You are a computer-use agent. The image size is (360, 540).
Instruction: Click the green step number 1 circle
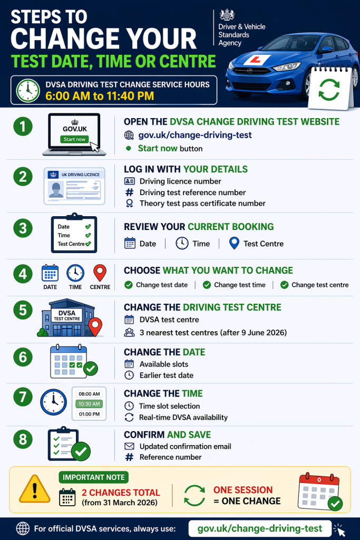pyautogui.click(x=23, y=127)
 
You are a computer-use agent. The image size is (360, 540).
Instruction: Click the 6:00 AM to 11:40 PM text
pyautogui.click(x=100, y=96)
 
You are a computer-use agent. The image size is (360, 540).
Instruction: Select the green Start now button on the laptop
pyautogui.click(x=74, y=139)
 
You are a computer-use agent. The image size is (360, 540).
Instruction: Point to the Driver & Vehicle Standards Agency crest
pyautogui.click(x=227, y=15)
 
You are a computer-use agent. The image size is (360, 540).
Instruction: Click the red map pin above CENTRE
pyautogui.click(x=100, y=273)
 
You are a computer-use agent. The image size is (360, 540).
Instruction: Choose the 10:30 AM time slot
pyautogui.click(x=89, y=403)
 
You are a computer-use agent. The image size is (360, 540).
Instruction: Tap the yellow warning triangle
pyautogui.click(x=35, y=490)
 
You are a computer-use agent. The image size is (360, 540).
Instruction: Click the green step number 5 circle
pyautogui.click(x=23, y=310)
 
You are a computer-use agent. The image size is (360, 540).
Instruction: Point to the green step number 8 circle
pyautogui.click(x=23, y=439)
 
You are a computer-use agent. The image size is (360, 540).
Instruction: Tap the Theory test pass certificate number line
pyautogui.click(x=202, y=204)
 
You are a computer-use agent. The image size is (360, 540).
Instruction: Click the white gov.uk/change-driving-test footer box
pyautogui.click(x=260, y=528)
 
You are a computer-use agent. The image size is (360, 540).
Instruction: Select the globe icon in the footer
pyautogui.click(x=23, y=528)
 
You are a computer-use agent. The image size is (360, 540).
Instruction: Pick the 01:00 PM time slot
pyautogui.click(x=89, y=414)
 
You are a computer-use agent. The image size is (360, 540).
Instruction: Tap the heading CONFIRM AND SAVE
pyautogui.click(x=167, y=435)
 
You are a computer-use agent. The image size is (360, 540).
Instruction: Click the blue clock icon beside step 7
pyautogui.click(x=53, y=402)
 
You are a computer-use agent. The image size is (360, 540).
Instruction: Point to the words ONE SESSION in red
pyautogui.click(x=243, y=490)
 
